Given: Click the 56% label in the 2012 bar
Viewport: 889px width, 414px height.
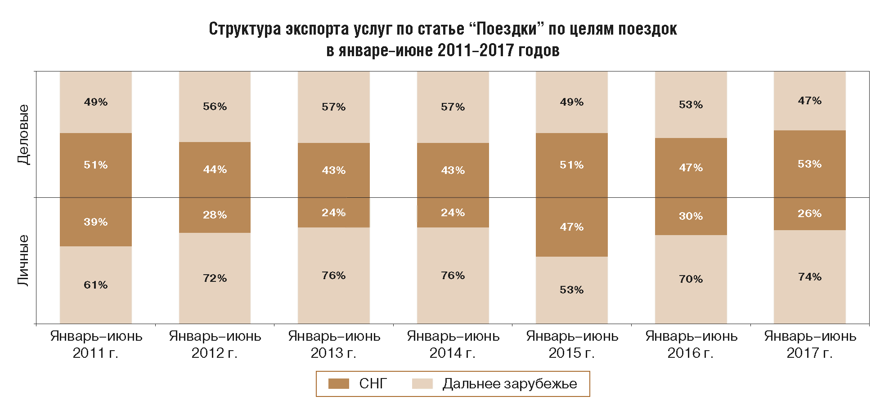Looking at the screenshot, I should [215, 107].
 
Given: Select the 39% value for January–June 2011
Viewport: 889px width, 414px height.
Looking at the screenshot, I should [95, 222].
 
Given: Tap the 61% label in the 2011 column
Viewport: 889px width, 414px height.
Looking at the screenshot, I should [95, 285].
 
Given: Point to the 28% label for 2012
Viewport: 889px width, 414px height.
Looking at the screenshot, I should [215, 215].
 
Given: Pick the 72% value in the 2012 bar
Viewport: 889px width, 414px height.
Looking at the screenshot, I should [215, 278].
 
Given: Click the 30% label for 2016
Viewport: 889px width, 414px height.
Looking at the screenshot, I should [691, 216].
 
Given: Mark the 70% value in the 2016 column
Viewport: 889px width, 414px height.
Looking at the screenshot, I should [691, 279].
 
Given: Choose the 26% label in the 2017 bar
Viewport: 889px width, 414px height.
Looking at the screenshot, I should [809, 214].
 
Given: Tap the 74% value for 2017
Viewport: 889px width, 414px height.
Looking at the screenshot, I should [809, 277].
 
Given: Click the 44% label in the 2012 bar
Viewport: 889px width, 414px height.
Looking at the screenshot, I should [215, 169].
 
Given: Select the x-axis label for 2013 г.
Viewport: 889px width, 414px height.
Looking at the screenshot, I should [334, 344].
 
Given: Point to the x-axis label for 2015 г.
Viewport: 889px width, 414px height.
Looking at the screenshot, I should [572, 344].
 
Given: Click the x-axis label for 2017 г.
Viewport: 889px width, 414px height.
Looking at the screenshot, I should [810, 344].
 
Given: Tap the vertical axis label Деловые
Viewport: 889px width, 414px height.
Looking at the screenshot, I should [23, 134].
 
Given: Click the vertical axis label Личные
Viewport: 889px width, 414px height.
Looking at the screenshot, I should [23, 260].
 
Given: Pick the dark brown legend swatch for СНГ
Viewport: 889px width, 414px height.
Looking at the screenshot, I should [338, 384].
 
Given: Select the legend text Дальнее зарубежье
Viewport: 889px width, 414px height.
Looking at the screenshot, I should [509, 384].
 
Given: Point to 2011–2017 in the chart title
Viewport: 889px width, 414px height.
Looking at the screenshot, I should [476, 50].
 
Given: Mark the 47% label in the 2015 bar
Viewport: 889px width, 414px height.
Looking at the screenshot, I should [571, 227].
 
